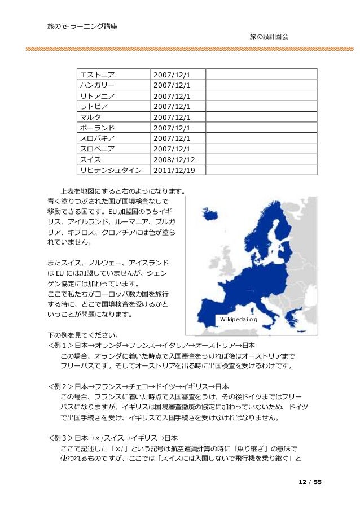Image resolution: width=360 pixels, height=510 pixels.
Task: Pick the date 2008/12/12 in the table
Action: point(175,160)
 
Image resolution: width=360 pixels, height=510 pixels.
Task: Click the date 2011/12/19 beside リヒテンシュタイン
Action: point(175,171)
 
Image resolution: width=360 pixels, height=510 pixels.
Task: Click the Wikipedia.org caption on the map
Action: point(239,320)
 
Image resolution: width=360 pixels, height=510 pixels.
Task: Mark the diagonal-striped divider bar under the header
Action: point(180,50)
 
